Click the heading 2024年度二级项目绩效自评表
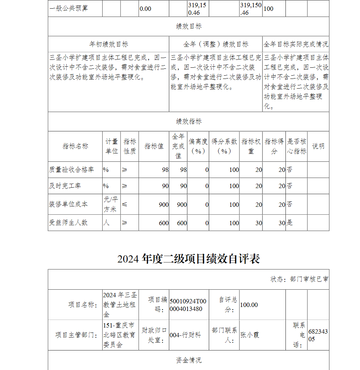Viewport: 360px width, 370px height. tap(188, 259)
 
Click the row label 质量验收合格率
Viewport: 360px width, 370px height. tap(71, 170)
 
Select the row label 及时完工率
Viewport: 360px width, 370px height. tap(65, 186)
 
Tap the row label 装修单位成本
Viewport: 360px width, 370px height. tap(68, 204)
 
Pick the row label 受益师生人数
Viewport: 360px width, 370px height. tap(68, 223)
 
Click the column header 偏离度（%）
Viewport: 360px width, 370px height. tap(198, 146)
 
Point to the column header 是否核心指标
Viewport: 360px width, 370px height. tap(297, 146)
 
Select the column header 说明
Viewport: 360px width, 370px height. tap(318, 146)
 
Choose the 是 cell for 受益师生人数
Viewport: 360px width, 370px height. tap(290, 223)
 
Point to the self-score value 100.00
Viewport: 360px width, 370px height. tap(249, 305)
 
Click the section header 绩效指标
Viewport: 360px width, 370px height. tap(188, 121)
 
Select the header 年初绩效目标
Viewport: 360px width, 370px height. tap(108, 44)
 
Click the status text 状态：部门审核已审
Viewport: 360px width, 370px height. tap(299, 279)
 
